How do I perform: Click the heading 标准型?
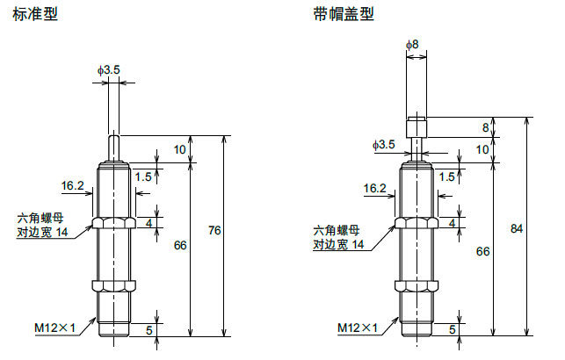pos(33,15)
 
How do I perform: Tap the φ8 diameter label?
pos(412,43)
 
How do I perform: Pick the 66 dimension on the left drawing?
pos(180,246)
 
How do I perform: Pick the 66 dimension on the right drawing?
pos(482,251)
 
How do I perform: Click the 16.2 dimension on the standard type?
pos(73,185)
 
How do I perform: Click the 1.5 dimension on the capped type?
pos(446,176)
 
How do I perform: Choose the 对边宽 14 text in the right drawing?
pos(344,244)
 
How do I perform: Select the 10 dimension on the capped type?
pos(484,149)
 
